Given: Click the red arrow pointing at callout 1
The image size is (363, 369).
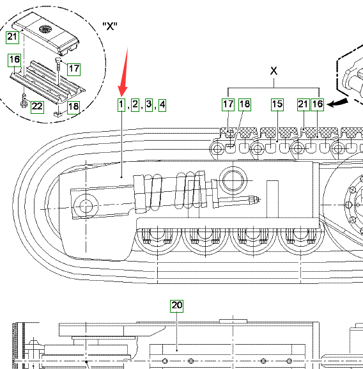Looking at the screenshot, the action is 123,73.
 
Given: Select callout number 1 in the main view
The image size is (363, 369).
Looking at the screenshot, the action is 121,105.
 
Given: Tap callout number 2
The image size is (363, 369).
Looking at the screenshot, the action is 135,105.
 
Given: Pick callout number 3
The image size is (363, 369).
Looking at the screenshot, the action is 148,105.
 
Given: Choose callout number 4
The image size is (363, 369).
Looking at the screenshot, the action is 162,105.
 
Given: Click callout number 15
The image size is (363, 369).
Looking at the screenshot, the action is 277,104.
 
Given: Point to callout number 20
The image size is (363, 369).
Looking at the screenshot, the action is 177,306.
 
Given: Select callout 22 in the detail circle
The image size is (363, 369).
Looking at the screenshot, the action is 37,107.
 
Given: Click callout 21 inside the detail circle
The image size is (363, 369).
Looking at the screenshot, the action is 12,37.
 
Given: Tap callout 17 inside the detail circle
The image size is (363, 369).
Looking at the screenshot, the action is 74,69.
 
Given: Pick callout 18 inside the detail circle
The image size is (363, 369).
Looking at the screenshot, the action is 74,107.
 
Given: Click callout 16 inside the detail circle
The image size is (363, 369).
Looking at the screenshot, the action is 15,60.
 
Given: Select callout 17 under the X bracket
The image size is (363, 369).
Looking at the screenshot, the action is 228,104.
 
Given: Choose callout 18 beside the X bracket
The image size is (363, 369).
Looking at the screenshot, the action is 245,104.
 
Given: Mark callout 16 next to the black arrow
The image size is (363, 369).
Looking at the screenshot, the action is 318,104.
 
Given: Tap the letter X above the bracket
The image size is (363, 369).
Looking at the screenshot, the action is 274,70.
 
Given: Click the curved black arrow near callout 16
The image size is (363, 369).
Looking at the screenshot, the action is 337,102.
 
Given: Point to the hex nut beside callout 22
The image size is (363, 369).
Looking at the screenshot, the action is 24,104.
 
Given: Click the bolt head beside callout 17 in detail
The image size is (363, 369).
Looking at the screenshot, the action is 58,60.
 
